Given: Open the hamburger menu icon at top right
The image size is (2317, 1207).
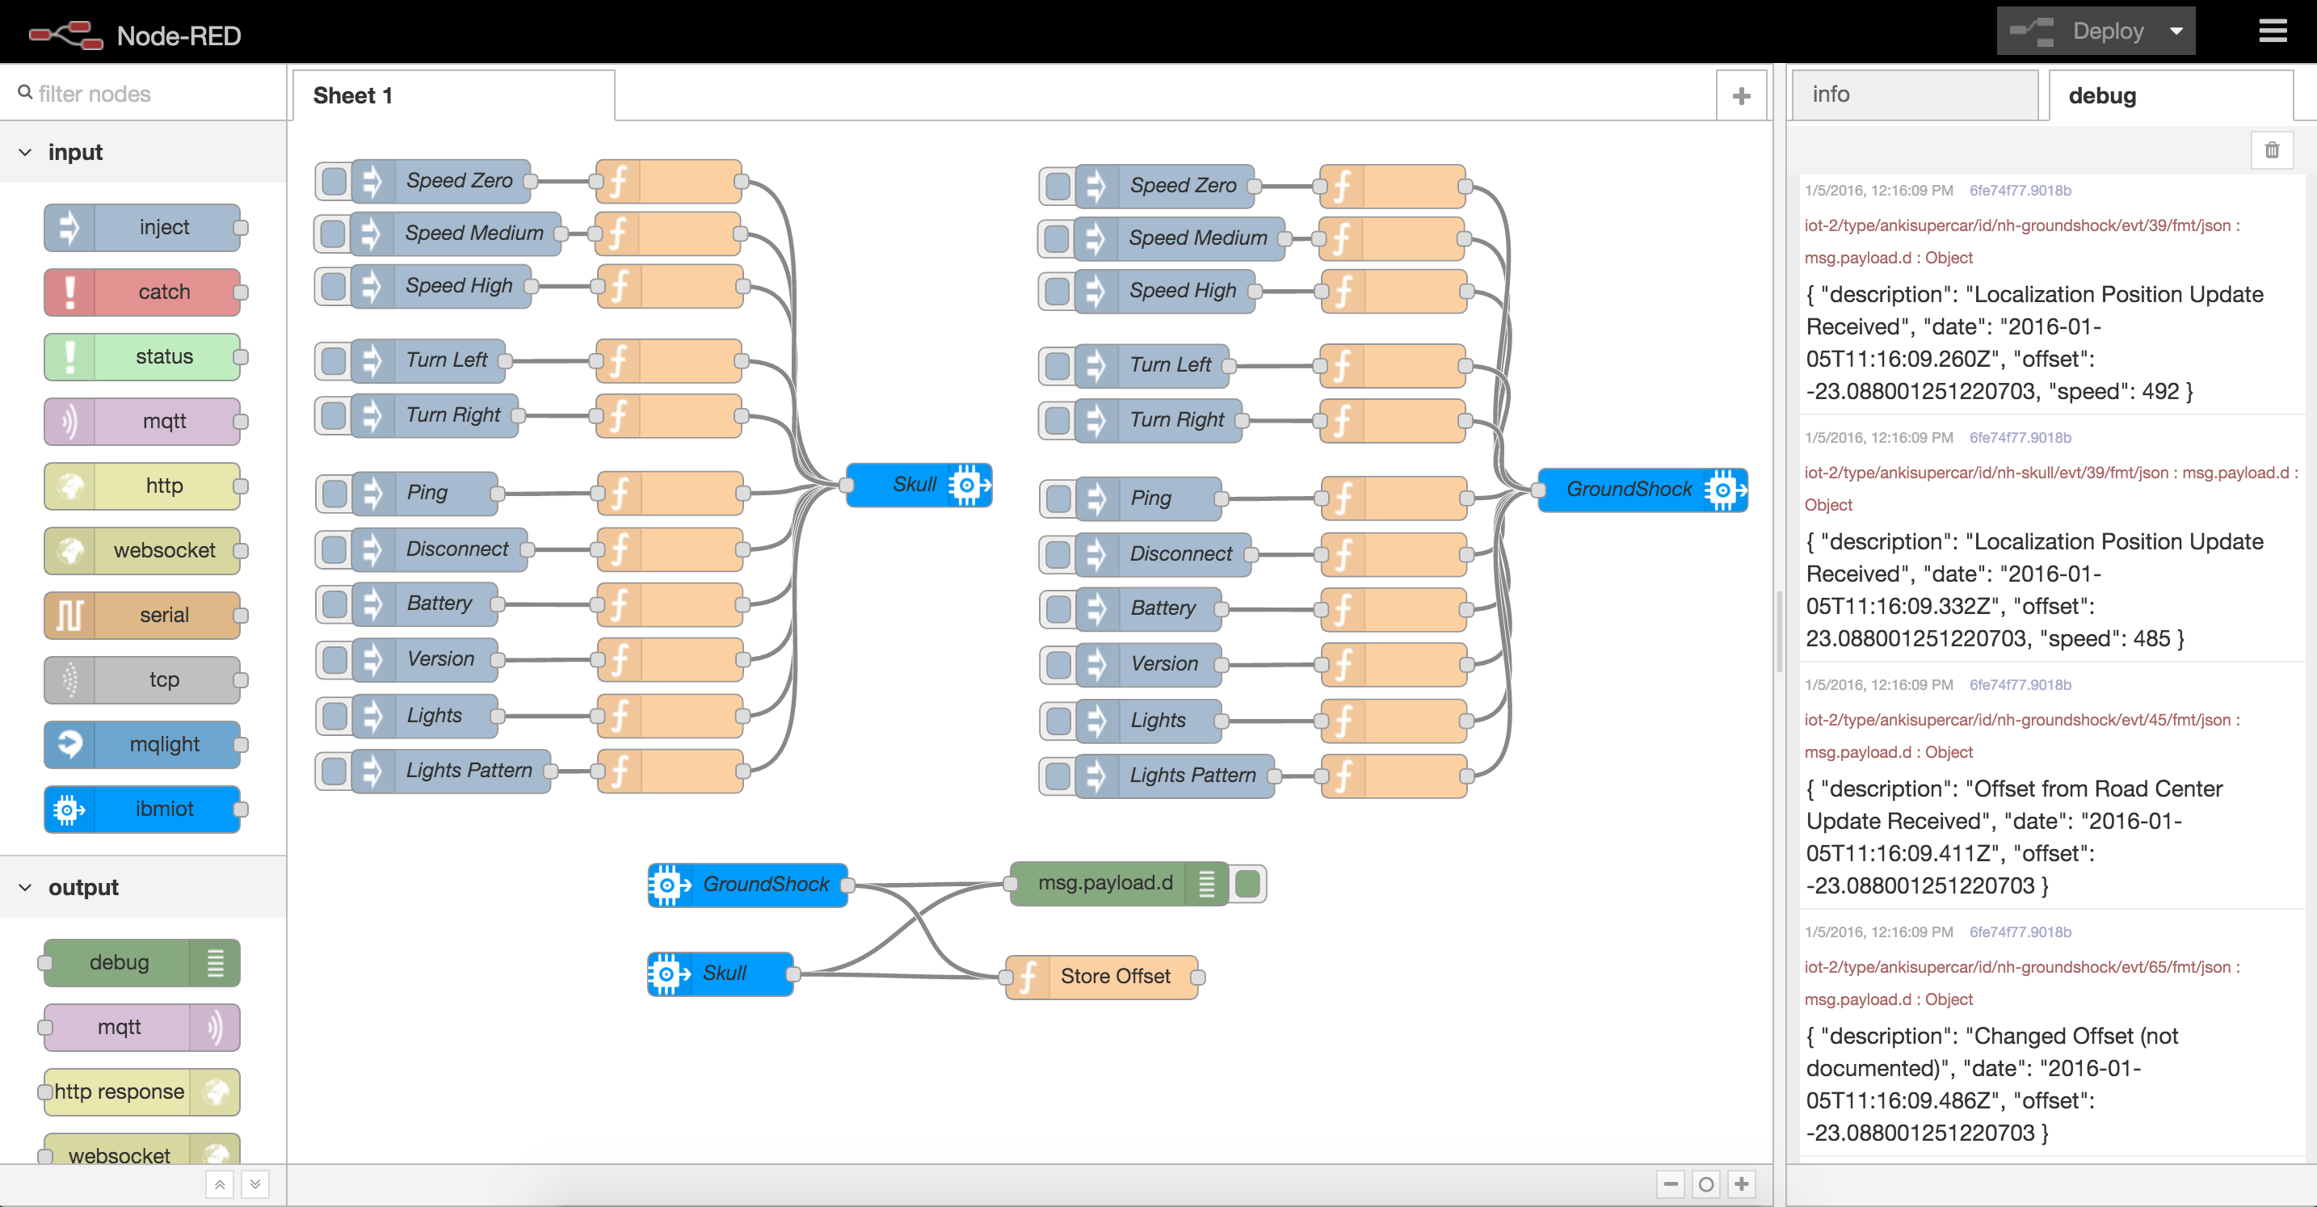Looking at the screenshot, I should (x=2272, y=32).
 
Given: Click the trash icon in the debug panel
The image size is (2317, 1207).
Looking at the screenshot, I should (x=2271, y=150).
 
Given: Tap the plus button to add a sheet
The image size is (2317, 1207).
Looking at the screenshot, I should (x=1740, y=96).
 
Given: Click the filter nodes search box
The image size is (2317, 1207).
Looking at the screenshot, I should (x=144, y=94).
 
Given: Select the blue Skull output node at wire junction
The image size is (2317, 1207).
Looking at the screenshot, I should (x=918, y=485).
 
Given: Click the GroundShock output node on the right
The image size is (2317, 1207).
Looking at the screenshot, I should (x=1641, y=490).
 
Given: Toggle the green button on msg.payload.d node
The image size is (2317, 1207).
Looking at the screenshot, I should (x=1247, y=883).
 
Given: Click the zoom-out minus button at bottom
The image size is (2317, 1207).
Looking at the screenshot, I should (x=1670, y=1184).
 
